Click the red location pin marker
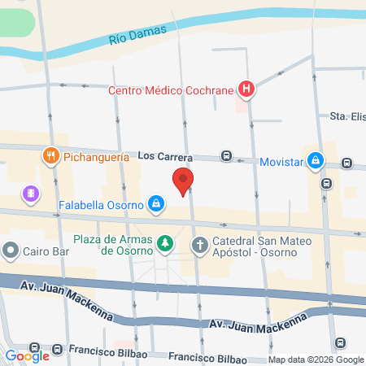(183, 181)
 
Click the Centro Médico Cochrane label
(172, 89)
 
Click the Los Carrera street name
(165, 155)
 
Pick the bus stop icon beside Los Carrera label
(226, 157)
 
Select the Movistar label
(281, 162)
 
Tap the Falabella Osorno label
(100, 203)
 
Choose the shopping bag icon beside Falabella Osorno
(155, 203)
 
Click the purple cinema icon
(30, 194)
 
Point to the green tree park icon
(165, 243)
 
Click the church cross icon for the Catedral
(200, 243)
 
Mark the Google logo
(27, 355)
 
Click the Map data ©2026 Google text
(316, 359)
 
